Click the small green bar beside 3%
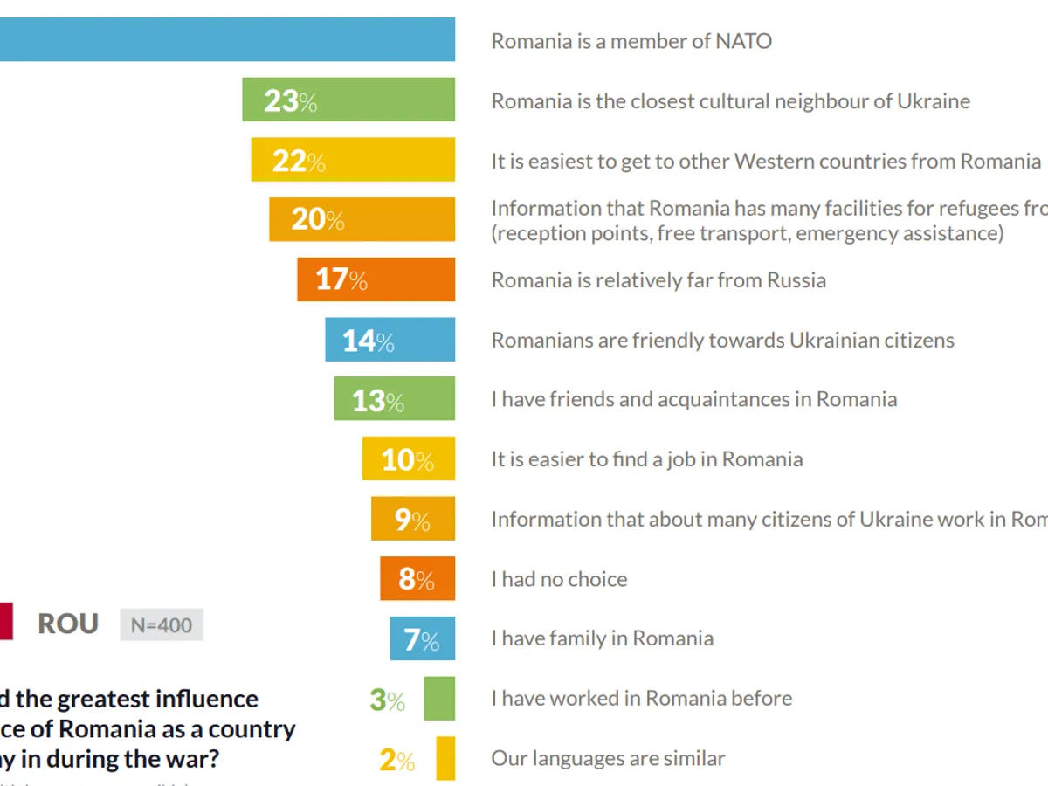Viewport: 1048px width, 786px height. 439,699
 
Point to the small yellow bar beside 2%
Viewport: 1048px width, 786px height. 445,758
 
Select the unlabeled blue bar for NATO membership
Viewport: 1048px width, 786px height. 227,39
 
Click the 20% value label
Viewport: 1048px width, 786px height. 317,219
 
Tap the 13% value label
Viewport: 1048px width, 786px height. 377,401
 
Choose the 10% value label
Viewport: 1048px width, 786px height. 407,460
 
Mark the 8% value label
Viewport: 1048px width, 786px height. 416,579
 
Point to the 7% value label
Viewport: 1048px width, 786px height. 421,640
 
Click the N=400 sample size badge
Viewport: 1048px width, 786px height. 162,624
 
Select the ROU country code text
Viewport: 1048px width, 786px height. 68,624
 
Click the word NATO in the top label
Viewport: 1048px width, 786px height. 742,41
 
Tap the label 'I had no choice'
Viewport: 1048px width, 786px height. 559,579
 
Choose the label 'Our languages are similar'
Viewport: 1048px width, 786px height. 608,758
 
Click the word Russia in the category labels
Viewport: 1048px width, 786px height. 796,280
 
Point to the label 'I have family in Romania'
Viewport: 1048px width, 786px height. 602,638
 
